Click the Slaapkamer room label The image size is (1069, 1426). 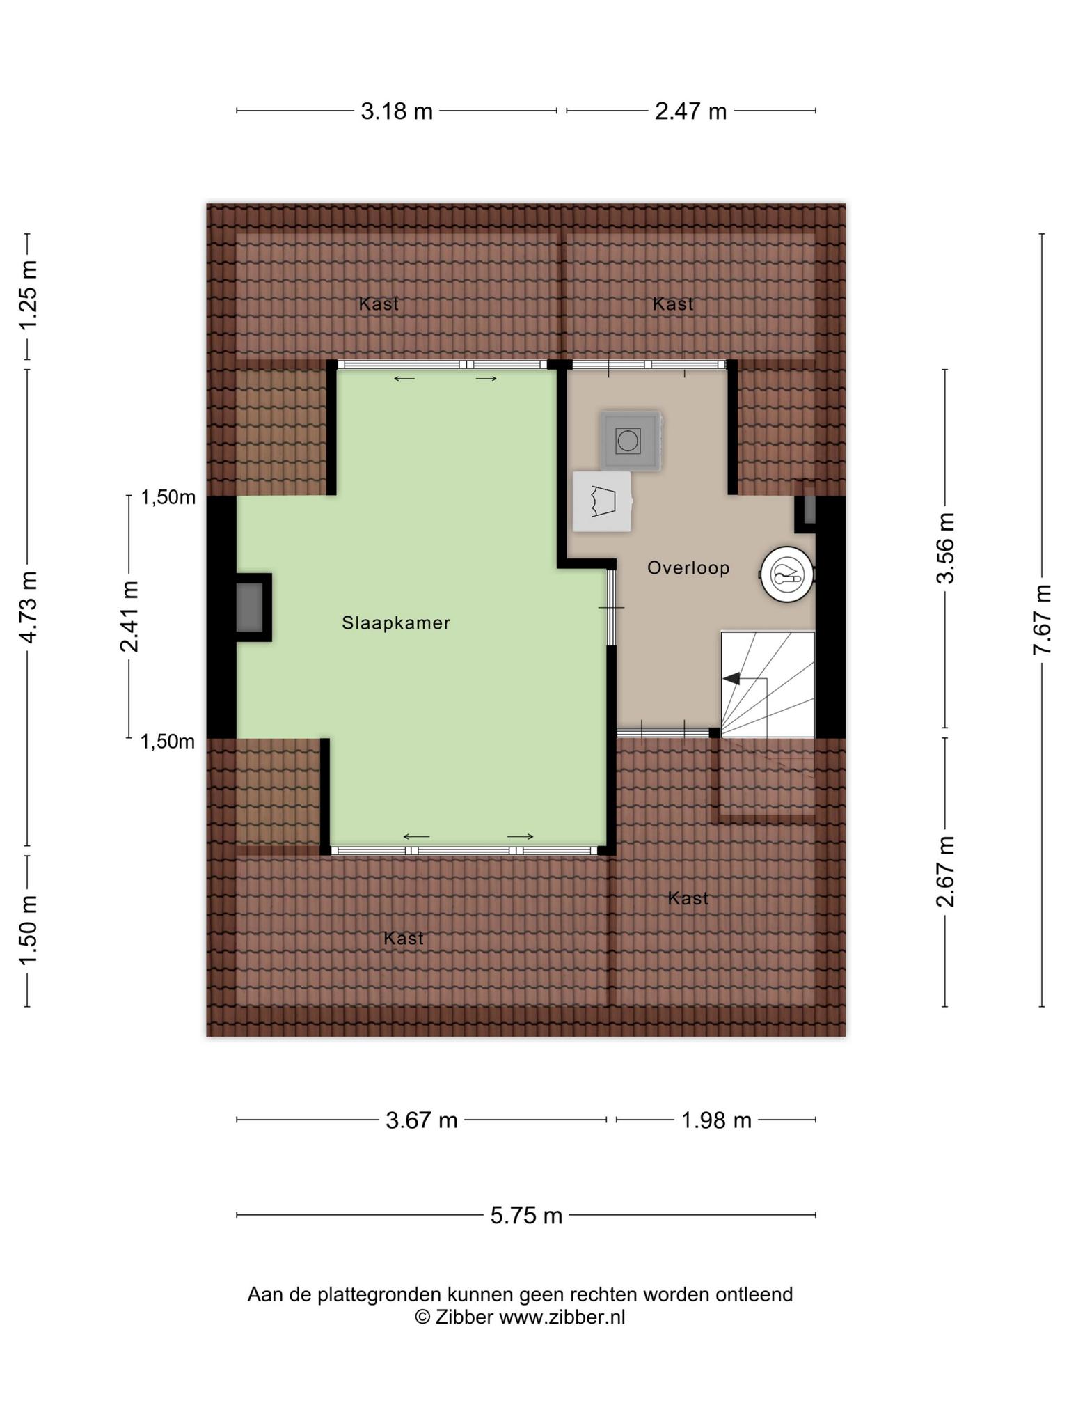(396, 623)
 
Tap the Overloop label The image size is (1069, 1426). (688, 568)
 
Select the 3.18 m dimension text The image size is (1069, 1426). (397, 111)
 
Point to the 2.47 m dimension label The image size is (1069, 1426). (691, 111)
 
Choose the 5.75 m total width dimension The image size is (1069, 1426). (526, 1216)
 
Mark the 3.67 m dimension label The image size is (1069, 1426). (422, 1120)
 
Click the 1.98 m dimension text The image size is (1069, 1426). (716, 1120)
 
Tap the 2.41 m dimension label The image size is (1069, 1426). (129, 617)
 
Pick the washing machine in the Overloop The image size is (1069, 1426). (631, 441)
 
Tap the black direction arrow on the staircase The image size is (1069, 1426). (731, 678)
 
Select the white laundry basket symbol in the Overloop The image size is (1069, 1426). (602, 502)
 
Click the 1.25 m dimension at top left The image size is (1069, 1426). (28, 295)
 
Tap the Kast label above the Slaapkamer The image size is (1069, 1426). (379, 304)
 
